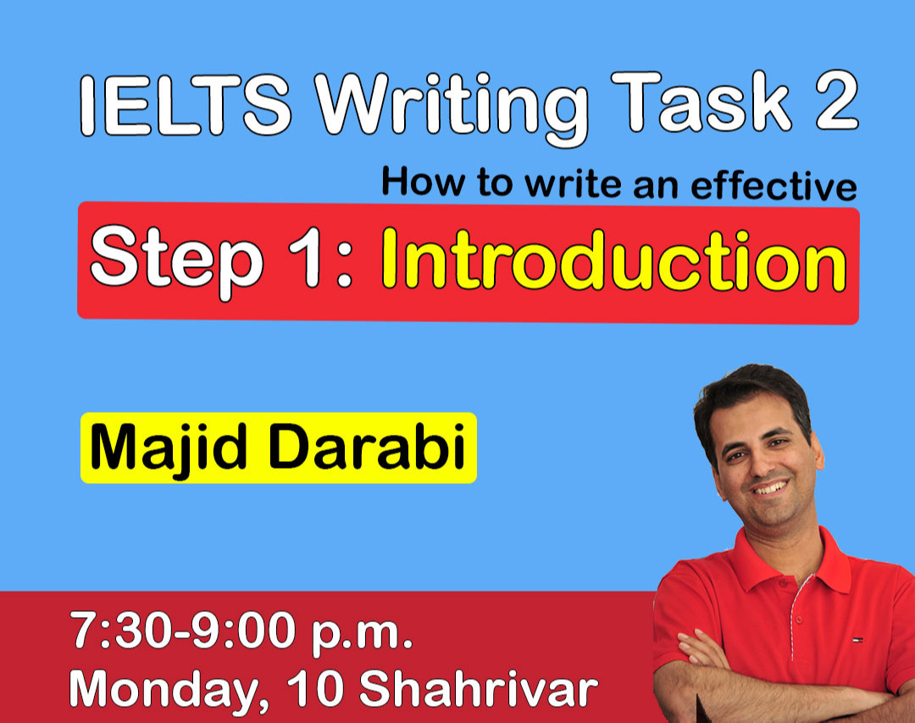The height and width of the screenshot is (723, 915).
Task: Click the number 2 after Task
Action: point(834,102)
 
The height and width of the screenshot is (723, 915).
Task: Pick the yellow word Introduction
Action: point(613,260)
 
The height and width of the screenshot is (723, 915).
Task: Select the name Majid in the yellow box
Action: point(168,449)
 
